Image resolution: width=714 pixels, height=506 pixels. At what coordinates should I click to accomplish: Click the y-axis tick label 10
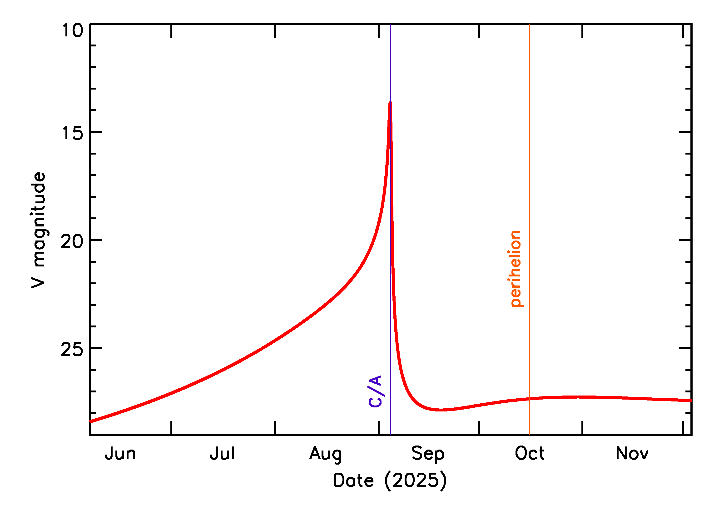pyautogui.click(x=73, y=31)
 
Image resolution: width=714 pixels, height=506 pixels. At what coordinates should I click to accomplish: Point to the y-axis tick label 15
pyautogui.click(x=73, y=133)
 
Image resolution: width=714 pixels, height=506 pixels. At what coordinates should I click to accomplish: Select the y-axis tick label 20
pyautogui.click(x=72, y=241)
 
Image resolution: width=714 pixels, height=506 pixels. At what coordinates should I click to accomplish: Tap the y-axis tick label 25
pyautogui.click(x=72, y=349)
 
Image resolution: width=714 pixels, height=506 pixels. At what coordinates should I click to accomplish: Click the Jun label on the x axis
pyautogui.click(x=120, y=454)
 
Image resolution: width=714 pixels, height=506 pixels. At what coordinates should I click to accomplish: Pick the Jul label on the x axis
pyautogui.click(x=222, y=454)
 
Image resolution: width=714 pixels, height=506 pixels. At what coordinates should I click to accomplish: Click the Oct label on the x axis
pyautogui.click(x=530, y=454)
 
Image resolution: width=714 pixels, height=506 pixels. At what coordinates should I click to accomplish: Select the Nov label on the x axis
pyautogui.click(x=632, y=454)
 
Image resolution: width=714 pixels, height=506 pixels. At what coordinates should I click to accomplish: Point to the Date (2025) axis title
pyautogui.click(x=390, y=481)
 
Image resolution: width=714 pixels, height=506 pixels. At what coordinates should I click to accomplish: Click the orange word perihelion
pyautogui.click(x=516, y=269)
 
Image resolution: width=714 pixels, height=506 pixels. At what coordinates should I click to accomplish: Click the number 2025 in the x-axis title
pyautogui.click(x=415, y=481)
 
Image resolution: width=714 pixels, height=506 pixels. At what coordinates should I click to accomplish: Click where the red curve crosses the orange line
pyautogui.click(x=530, y=399)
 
